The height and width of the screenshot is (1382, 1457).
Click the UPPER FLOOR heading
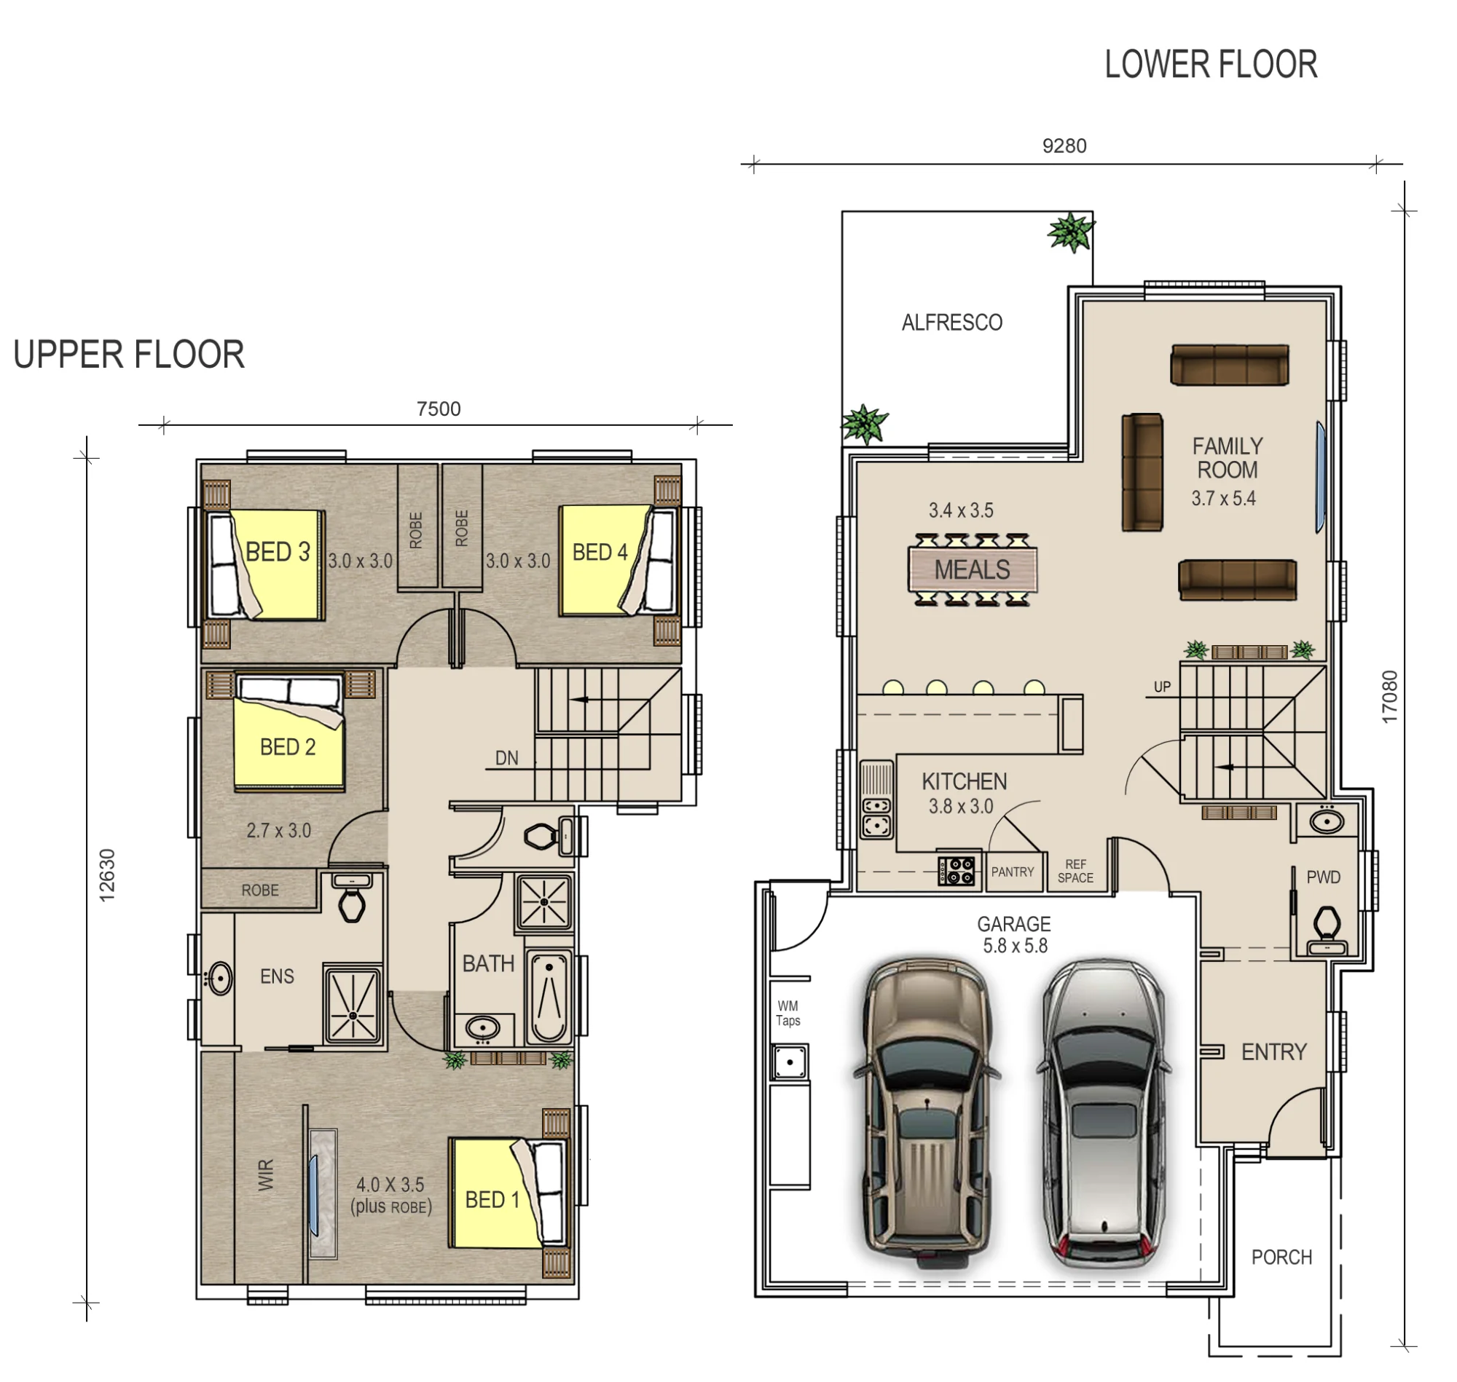[129, 355]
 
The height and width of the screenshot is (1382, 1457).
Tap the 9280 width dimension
[1064, 146]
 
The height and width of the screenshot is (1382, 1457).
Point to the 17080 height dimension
[1389, 696]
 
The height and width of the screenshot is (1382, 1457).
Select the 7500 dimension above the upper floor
[439, 409]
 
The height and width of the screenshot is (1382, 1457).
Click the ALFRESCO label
[951, 323]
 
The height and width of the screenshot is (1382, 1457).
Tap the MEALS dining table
[972, 570]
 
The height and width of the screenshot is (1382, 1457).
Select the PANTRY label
[1012, 872]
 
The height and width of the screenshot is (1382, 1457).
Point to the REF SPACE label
[1075, 871]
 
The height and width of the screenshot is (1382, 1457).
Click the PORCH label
[1281, 1257]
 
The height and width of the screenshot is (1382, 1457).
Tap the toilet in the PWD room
[1327, 930]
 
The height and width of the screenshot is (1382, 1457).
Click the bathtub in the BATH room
[549, 998]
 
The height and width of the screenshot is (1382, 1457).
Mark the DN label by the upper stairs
[506, 758]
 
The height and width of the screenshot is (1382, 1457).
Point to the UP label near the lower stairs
[1162, 687]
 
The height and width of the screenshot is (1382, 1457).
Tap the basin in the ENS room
[219, 979]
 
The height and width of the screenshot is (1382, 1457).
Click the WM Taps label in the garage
[788, 1013]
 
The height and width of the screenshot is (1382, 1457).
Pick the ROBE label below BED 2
[260, 890]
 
